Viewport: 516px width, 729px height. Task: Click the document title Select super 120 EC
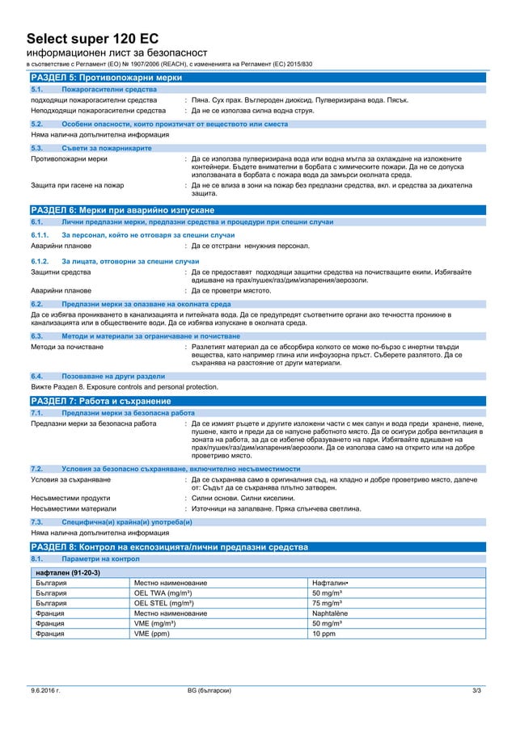(92, 38)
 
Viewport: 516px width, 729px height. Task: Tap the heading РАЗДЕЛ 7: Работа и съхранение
(100, 401)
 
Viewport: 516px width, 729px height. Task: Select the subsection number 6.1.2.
(40, 262)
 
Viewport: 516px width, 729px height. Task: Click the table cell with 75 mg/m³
(328, 602)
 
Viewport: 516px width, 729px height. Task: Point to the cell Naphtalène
(330, 613)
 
